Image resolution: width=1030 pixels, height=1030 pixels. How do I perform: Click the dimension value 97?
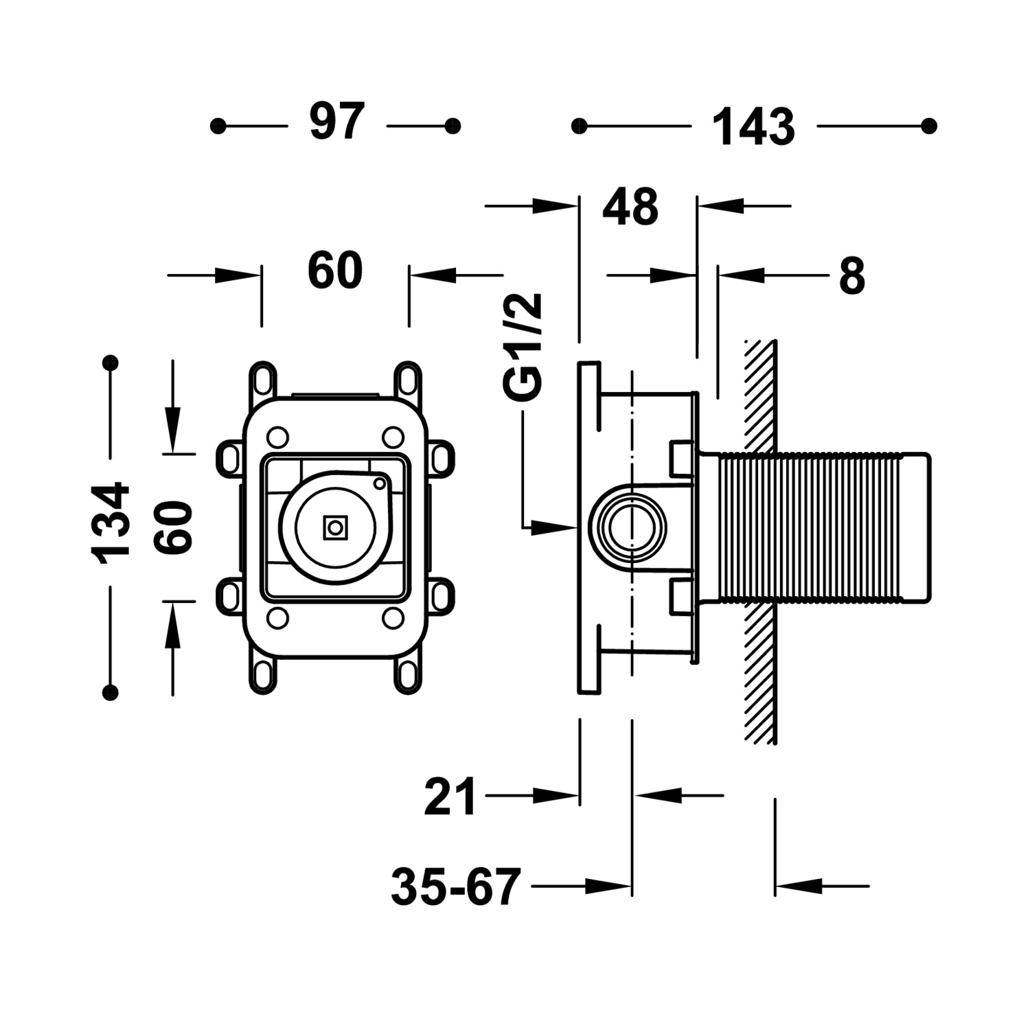(x=336, y=124)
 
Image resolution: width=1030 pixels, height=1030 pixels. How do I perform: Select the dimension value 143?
(x=753, y=128)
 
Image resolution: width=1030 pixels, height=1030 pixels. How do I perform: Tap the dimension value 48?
(x=630, y=207)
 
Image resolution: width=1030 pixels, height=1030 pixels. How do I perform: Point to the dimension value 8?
(x=851, y=276)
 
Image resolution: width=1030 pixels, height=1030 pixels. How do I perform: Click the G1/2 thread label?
(x=523, y=347)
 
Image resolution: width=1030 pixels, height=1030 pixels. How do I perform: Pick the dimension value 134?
(x=111, y=523)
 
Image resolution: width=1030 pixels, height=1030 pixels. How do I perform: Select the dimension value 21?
(x=450, y=797)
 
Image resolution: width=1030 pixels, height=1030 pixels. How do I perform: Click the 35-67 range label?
(x=456, y=887)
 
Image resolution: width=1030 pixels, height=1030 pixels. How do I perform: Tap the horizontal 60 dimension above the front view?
(x=335, y=271)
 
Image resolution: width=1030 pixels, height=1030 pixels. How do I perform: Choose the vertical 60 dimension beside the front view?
(x=173, y=527)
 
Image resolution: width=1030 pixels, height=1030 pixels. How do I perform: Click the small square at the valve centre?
(x=335, y=527)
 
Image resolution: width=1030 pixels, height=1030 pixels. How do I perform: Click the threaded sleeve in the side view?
(x=810, y=527)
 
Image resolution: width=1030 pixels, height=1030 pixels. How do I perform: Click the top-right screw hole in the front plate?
(x=393, y=436)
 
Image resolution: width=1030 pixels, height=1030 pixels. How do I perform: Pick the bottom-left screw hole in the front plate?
(x=277, y=618)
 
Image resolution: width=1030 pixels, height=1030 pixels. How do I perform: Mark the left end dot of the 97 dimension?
(x=218, y=126)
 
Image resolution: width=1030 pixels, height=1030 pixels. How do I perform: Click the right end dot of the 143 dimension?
(x=929, y=126)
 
